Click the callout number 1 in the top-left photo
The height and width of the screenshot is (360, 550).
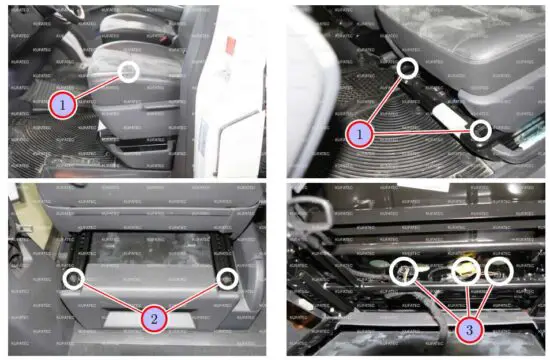pos(61,103)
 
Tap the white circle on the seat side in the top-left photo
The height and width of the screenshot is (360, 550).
pos(129,71)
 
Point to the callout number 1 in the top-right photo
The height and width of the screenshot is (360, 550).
pos(360,132)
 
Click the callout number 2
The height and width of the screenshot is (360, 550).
pos(153,319)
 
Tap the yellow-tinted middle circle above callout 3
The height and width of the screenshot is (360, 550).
pos(467,271)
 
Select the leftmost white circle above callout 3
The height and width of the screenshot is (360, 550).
pos(403,270)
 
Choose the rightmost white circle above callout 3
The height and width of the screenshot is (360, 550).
pos(498,271)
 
